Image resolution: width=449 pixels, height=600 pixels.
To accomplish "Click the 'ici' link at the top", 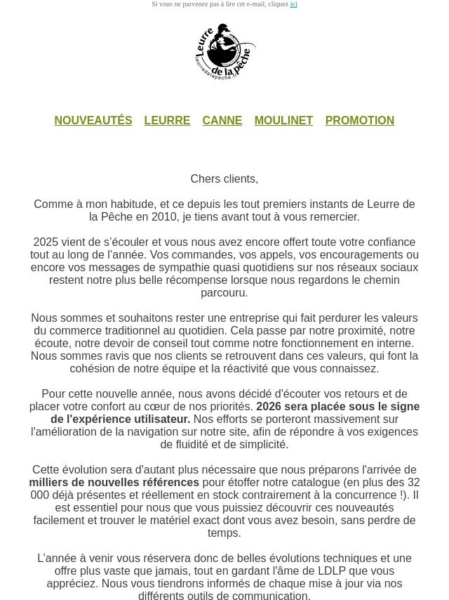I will click(x=293, y=4).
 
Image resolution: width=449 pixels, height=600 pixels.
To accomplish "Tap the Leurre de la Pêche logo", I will click(x=225, y=52).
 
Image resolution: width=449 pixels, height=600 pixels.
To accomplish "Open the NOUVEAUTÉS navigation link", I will click(x=93, y=121).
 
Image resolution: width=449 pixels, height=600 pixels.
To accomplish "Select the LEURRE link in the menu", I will click(x=167, y=121).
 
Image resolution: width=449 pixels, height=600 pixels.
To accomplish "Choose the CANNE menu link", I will click(x=222, y=121).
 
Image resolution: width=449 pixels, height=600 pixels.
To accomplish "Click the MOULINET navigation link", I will click(x=283, y=121).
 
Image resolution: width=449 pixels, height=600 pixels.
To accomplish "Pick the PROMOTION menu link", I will click(x=359, y=121).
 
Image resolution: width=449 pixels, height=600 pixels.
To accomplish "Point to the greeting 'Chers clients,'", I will click(x=224, y=179).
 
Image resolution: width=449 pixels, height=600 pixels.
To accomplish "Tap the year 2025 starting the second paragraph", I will click(x=46, y=242).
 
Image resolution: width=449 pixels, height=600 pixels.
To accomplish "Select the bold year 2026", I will click(x=270, y=407).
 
